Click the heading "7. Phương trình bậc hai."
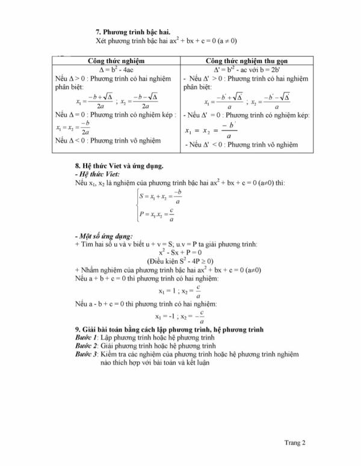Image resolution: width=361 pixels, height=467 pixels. tap(133, 31)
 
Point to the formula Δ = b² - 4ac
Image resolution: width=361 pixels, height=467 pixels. tap(117, 69)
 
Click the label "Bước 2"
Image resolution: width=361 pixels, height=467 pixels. tap(84, 347)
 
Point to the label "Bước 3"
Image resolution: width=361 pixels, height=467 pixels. tap(84, 355)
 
